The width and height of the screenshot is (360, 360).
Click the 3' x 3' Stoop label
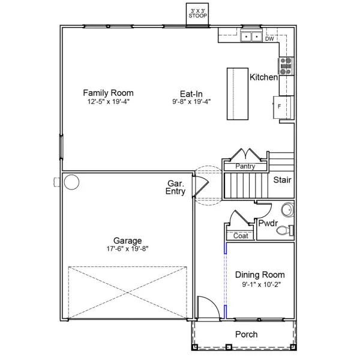197,14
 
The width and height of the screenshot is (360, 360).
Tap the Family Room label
108,93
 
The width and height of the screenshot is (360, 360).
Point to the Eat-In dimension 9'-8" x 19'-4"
191,101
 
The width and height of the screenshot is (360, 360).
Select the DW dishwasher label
269,39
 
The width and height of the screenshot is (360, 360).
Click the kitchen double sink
251,37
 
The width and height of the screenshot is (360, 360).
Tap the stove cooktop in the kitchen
286,66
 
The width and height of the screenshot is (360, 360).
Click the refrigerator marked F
283,107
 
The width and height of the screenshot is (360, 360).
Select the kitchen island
238,94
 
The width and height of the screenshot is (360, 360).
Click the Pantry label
245,166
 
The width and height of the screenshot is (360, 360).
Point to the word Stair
282,180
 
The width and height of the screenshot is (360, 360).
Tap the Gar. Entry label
175,187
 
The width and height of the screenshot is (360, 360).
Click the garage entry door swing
201,186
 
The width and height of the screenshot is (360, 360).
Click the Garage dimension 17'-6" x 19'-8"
127,248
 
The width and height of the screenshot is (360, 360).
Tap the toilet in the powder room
285,230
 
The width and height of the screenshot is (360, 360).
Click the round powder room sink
287,209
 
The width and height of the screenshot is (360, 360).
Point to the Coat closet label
241,236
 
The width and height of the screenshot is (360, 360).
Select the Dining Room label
260,275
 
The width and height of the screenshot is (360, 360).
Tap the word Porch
247,335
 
